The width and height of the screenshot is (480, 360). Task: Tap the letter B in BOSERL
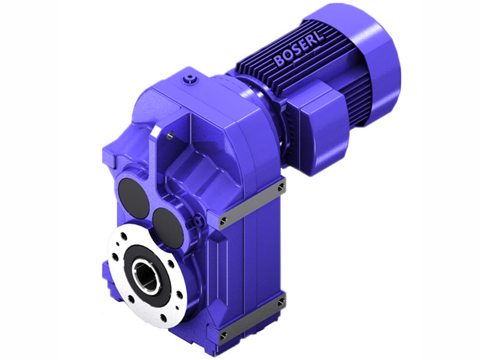click(x=280, y=61)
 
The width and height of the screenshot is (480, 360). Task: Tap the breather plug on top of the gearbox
click(x=191, y=78)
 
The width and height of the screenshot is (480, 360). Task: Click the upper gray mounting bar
click(x=252, y=204)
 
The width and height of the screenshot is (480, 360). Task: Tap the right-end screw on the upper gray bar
click(x=281, y=188)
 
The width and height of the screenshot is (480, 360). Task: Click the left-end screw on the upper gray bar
click(x=223, y=221)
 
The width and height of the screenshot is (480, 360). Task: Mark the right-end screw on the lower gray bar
click(x=281, y=303)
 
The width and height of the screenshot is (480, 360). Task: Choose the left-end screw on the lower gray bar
click(x=223, y=334)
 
